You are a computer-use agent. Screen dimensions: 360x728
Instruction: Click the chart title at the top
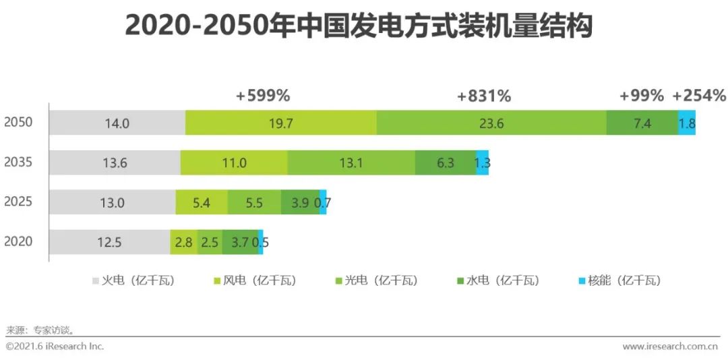[358, 28]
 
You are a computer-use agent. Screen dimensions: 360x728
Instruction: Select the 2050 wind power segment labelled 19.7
[281, 123]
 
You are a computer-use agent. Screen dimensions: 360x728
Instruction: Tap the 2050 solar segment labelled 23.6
[491, 123]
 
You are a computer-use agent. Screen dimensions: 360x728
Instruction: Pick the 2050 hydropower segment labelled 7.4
[642, 123]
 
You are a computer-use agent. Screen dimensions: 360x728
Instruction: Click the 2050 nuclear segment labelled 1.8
[687, 123]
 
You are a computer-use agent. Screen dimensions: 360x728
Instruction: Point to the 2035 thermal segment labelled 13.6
[115, 162]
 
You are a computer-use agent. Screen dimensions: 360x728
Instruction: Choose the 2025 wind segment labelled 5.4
[202, 202]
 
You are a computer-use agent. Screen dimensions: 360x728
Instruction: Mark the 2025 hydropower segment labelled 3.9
[300, 202]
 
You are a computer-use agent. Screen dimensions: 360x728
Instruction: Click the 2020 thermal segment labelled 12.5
[109, 242]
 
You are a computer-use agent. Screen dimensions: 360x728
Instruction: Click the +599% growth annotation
[263, 96]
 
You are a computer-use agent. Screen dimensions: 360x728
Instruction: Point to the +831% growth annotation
[484, 96]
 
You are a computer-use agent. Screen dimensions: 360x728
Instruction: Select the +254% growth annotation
[699, 96]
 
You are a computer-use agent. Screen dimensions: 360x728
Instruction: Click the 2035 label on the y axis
[18, 162]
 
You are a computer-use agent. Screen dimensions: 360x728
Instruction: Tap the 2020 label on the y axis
[18, 241]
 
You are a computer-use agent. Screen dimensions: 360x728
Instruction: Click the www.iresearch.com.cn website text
[670, 347]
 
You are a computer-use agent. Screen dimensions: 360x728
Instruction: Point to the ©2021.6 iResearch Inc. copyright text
[55, 347]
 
